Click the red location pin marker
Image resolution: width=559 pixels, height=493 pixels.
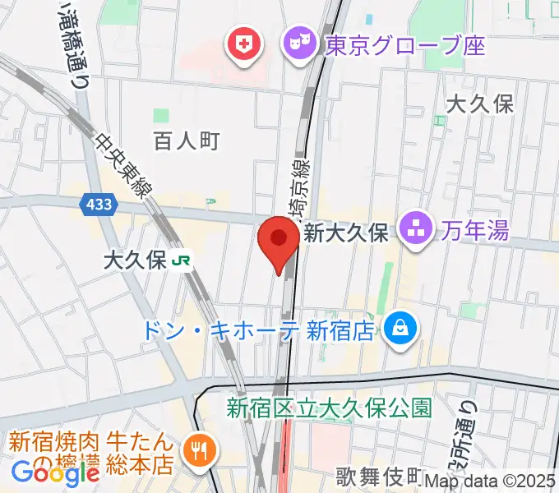pyautogui.click(x=279, y=240)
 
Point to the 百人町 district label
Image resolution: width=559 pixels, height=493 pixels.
pyautogui.click(x=187, y=141)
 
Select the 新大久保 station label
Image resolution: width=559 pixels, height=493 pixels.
pyautogui.click(x=345, y=233)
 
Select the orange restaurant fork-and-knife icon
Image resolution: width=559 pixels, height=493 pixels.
pyautogui.click(x=200, y=451)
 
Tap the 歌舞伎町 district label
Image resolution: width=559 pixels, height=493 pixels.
pyautogui.click(x=379, y=477)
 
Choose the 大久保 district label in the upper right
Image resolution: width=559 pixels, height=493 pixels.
pyautogui.click(x=480, y=104)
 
